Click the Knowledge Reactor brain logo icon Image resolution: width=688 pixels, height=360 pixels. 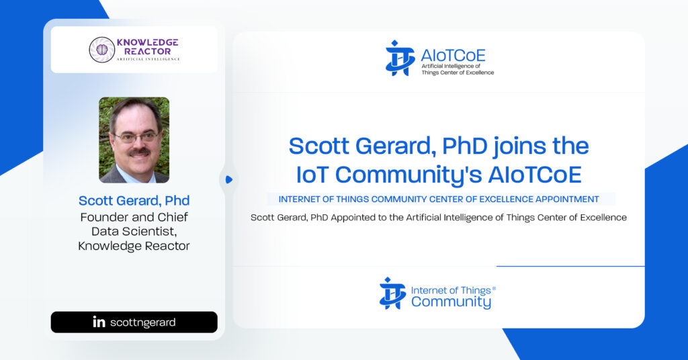102,50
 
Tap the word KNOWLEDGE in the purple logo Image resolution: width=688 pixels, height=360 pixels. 147,42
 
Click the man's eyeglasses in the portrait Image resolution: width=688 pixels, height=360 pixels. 136,137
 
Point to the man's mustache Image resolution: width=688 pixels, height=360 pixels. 140,152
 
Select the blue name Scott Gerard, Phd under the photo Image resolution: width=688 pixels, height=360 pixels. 134,200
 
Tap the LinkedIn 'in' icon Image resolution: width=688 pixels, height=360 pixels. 99,322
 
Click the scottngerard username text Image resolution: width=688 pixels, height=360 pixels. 142,323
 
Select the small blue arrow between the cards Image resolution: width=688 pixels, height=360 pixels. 228,179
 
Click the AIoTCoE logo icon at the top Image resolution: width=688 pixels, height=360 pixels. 400,58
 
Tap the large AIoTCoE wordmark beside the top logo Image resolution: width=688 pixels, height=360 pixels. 453,55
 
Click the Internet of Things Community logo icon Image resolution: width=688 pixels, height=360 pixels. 392,294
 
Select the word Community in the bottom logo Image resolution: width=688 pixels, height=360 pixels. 451,302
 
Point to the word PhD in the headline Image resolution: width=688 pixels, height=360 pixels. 464,146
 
